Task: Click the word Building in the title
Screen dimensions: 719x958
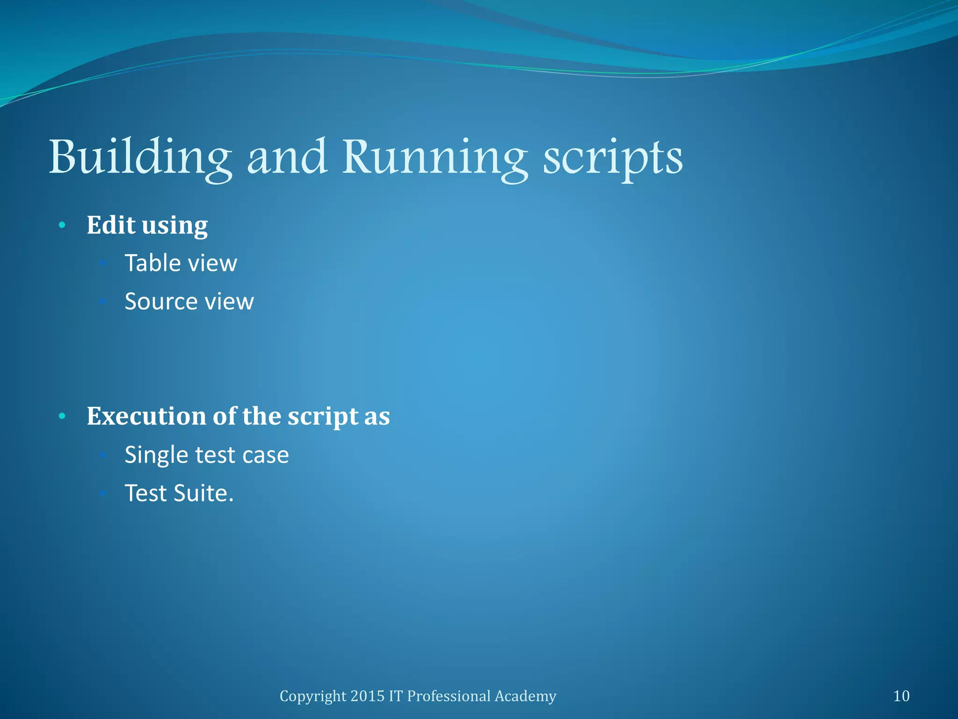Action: point(140,158)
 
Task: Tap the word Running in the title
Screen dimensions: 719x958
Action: point(435,158)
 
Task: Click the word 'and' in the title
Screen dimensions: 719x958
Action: point(287,157)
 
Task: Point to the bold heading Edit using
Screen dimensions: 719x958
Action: point(147,226)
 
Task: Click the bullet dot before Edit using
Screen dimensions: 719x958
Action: point(62,226)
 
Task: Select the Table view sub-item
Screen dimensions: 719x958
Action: point(181,263)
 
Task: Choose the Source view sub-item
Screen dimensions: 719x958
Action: point(189,301)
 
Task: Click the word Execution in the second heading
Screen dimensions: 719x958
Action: point(147,416)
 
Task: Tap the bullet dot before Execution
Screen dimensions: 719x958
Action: point(62,416)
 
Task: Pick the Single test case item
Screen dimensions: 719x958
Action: point(207,455)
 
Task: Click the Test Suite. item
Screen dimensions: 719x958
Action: point(179,493)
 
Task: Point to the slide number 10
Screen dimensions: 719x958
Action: point(901,696)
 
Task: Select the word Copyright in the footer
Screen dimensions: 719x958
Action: point(312,697)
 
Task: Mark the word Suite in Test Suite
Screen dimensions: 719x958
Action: point(203,493)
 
